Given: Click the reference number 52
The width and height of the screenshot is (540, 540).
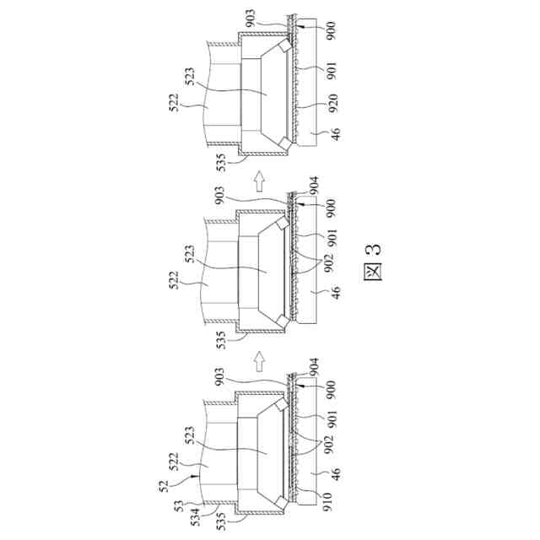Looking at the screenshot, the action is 164,486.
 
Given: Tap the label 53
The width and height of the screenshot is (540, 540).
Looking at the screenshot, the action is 179,506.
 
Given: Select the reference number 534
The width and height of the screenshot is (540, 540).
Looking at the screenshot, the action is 195,517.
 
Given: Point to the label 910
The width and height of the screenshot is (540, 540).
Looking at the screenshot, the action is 327,502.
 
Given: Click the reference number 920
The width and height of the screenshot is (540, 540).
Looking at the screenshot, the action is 333,103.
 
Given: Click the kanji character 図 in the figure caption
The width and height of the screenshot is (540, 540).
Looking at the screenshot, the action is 373,272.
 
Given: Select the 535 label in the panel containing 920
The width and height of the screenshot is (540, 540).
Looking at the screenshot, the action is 221,162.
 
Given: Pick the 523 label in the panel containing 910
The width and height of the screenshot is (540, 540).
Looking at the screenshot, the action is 189,436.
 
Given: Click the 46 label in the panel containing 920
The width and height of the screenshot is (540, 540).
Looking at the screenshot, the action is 336,133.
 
